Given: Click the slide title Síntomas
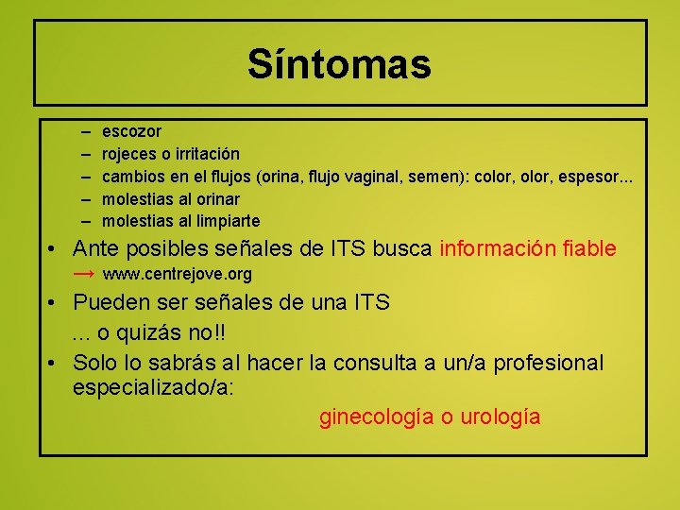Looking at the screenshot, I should tap(339, 64).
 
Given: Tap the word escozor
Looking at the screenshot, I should tap(131, 131).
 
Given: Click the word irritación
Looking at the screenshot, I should tap(204, 154).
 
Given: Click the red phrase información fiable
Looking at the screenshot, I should tap(528, 249).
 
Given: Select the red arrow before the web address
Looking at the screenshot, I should tap(84, 274).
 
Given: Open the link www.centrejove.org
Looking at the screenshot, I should tap(177, 275).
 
